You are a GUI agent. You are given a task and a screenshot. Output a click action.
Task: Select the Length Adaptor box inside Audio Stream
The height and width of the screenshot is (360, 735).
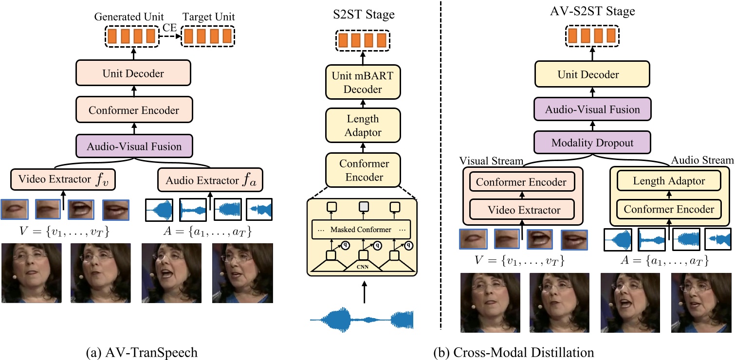668,181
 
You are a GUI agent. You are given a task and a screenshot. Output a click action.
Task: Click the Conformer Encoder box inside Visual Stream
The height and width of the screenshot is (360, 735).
521,182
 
